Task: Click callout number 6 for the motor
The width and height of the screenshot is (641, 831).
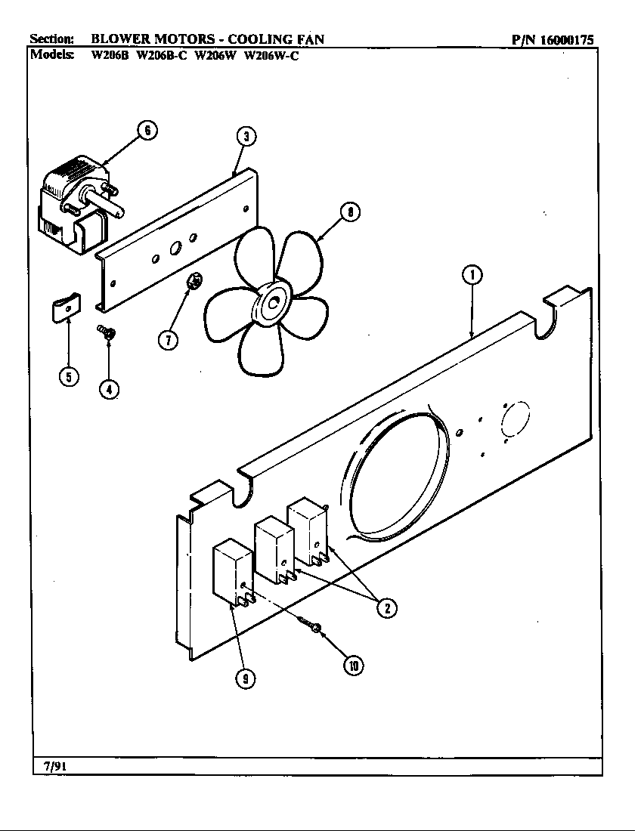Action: click(x=147, y=131)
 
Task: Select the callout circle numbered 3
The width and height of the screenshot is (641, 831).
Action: click(x=245, y=137)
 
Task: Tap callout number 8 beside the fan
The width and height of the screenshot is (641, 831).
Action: click(x=348, y=212)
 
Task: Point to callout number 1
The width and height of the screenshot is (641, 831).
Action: click(x=472, y=276)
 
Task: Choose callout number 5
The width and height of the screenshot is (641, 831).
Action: click(x=69, y=378)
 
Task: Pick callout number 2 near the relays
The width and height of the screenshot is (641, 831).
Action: click(x=386, y=607)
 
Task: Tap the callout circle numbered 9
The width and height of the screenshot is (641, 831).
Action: click(x=244, y=678)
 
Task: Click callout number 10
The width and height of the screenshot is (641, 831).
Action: click(x=352, y=665)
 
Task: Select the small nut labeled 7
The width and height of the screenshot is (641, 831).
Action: click(x=194, y=282)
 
